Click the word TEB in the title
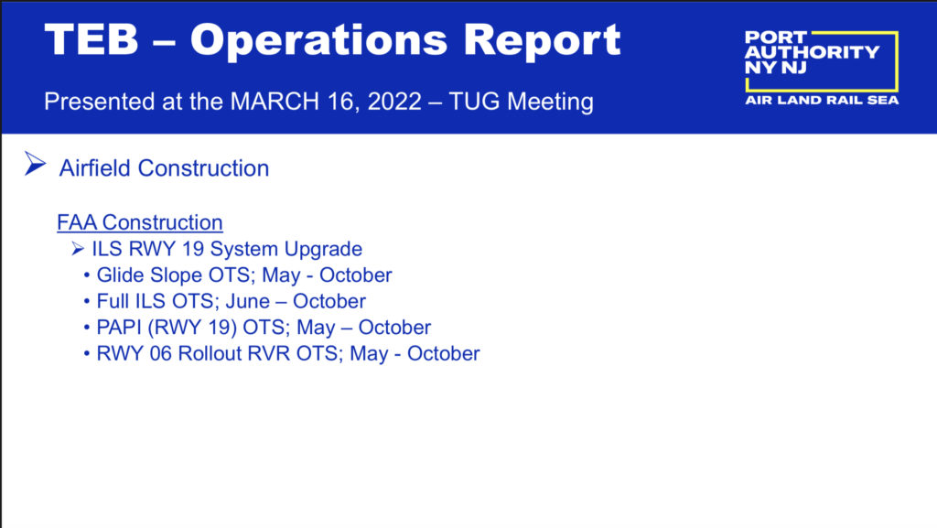[x=92, y=39]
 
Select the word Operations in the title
[x=318, y=40]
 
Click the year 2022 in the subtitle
[x=394, y=102]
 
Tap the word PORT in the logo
[x=776, y=38]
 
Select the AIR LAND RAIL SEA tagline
[x=822, y=101]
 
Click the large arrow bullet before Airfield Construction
[x=36, y=164]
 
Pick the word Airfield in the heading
[x=94, y=168]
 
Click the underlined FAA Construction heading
[x=140, y=222]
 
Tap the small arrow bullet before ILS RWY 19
[x=78, y=249]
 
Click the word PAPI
[x=119, y=328]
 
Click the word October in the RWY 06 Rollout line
[x=444, y=353]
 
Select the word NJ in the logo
[x=793, y=68]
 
